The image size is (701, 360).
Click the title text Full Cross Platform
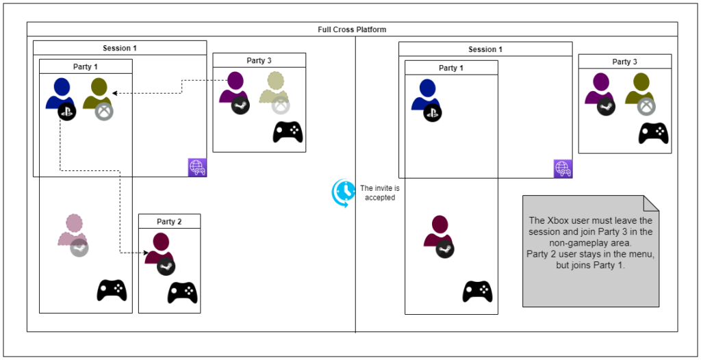pyautogui.click(x=352, y=29)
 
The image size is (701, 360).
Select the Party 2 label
pyautogui.click(x=169, y=222)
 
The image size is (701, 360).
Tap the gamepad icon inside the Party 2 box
pyautogui.click(x=183, y=292)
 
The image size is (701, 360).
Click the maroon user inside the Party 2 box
pyautogui.click(x=161, y=246)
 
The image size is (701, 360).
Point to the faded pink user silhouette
pyautogui.click(x=73, y=229)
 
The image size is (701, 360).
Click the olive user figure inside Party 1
pyautogui.click(x=98, y=93)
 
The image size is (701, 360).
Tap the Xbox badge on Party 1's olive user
pyautogui.click(x=104, y=111)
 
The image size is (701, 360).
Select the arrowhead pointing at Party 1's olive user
pyautogui.click(x=115, y=92)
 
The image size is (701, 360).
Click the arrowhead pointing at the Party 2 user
pyautogui.click(x=146, y=253)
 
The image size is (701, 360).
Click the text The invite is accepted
pyautogui.click(x=377, y=193)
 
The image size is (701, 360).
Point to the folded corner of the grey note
pyautogui.click(x=651, y=203)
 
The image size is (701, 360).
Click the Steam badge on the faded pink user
pyautogui.click(x=79, y=248)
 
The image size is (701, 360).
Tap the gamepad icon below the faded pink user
pyautogui.click(x=111, y=290)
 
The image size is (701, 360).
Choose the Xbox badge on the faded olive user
pyautogui.click(x=281, y=105)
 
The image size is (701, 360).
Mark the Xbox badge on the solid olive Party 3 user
pyautogui.click(x=646, y=106)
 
